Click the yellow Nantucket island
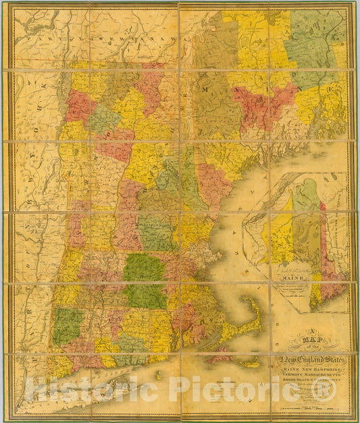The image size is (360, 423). [x=249, y=362]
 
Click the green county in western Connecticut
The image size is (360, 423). [x=68, y=325]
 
